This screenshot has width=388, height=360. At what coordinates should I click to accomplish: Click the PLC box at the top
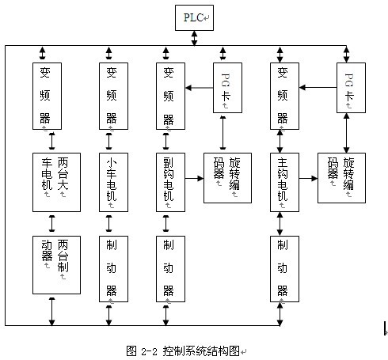(x=194, y=17)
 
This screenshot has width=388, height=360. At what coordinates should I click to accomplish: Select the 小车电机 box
(x=113, y=182)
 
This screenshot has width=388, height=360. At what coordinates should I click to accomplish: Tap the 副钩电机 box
(x=170, y=182)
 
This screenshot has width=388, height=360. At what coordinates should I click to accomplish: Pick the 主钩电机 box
(x=284, y=182)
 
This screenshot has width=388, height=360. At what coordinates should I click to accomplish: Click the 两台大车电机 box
(x=56, y=182)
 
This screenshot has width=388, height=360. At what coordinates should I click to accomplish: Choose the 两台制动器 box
(x=56, y=265)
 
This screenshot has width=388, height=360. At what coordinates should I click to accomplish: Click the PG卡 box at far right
(x=351, y=88)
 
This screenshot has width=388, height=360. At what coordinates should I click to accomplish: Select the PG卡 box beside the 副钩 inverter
(x=227, y=88)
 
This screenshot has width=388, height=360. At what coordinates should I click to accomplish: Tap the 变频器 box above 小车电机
(x=113, y=96)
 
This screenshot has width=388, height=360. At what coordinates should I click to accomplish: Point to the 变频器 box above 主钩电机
(x=284, y=96)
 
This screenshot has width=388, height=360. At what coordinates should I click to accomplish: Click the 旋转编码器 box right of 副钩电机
(x=227, y=178)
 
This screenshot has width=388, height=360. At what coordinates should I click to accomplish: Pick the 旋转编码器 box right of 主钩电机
(x=341, y=178)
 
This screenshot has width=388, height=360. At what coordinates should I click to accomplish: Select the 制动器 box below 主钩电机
(x=284, y=269)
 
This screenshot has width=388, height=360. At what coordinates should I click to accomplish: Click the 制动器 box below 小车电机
(x=113, y=269)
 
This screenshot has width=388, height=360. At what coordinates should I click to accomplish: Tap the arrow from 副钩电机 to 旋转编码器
(x=194, y=179)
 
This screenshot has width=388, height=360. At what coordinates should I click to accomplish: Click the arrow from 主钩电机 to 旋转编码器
(x=308, y=179)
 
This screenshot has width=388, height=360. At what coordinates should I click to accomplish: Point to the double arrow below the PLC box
(x=194, y=38)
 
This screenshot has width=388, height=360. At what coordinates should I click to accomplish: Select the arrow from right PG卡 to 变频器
(x=318, y=87)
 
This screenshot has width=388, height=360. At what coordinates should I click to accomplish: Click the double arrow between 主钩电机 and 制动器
(x=280, y=224)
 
